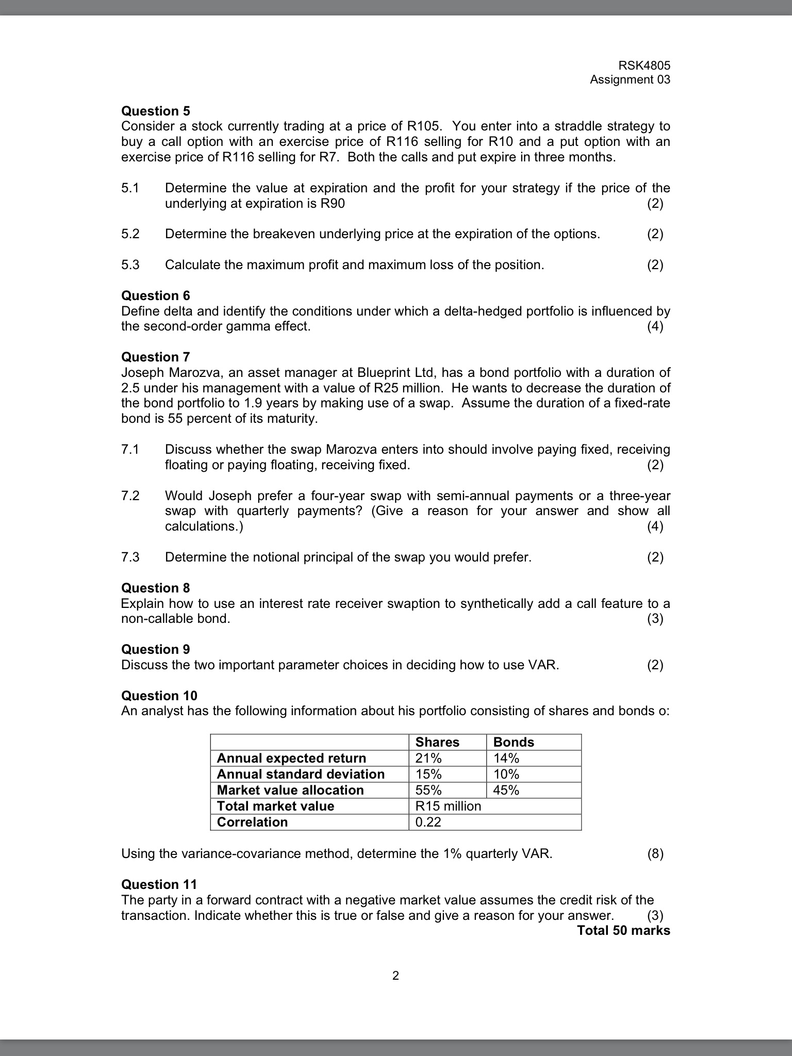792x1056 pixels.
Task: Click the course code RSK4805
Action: click(645, 65)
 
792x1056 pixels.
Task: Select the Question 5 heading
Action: click(155, 111)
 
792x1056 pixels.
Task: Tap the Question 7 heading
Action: click(155, 357)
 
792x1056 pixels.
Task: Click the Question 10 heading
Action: click(159, 696)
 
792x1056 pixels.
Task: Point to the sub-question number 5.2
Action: click(130, 234)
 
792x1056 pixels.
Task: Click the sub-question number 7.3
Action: click(130, 557)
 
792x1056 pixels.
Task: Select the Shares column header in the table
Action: click(437, 742)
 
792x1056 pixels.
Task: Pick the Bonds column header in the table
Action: click(513, 742)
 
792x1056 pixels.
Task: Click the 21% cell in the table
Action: click(428, 758)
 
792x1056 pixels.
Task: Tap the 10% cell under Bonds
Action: click(506, 774)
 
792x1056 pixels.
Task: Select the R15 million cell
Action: click(448, 806)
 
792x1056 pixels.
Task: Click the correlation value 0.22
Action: click(428, 822)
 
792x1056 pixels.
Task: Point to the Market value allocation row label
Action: click(290, 790)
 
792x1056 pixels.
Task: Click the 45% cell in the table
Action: click(506, 790)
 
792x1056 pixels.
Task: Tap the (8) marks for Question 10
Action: click(655, 854)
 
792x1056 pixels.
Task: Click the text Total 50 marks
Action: click(623, 931)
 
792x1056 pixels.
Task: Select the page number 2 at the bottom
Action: click(395, 976)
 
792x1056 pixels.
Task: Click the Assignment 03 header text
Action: click(630, 79)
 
